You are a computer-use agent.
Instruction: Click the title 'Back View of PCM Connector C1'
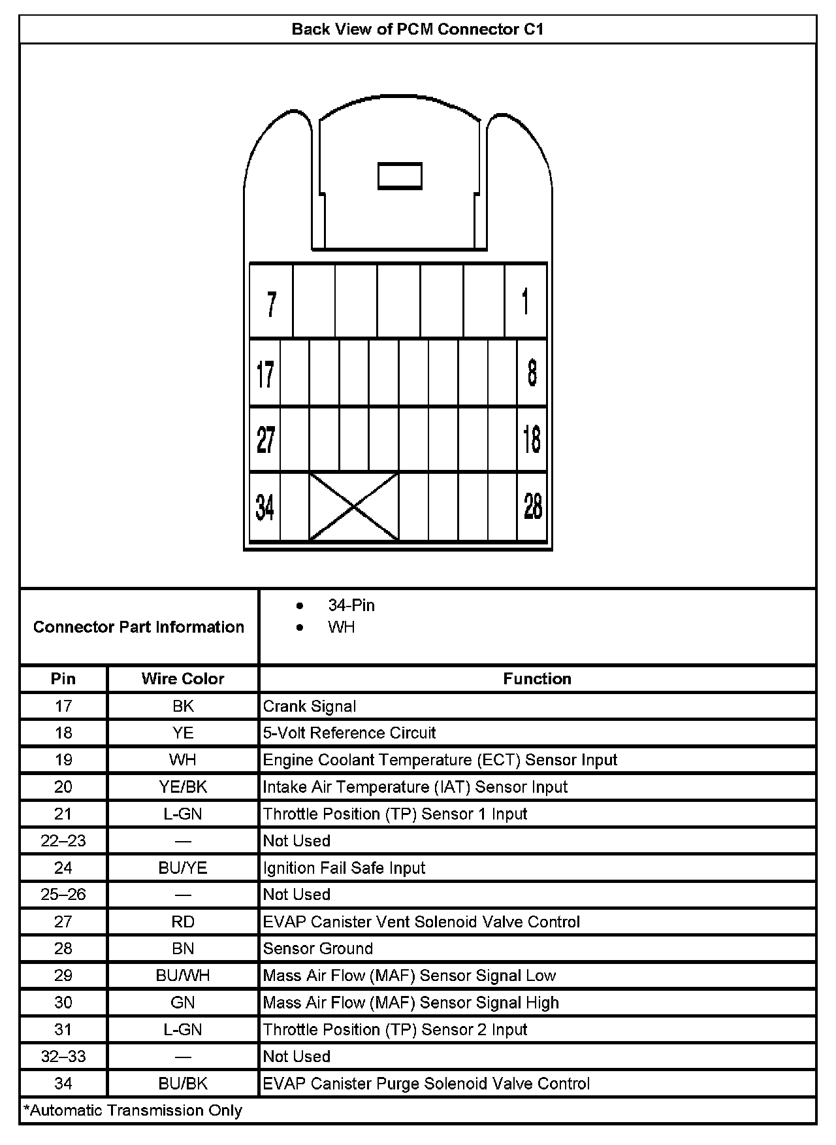417,29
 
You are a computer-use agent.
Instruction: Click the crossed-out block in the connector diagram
353,506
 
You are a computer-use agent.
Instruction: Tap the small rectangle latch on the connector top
400,176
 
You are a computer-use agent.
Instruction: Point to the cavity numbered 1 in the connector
526,302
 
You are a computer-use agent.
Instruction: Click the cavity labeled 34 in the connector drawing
265,506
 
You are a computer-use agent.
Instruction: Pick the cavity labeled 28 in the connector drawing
532,506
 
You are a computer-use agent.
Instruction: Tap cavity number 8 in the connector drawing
532,373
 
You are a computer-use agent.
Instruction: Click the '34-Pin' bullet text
351,605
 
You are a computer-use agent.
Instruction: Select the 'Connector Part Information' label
138,627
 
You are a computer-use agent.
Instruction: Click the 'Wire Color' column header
183,679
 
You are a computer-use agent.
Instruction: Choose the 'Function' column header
537,679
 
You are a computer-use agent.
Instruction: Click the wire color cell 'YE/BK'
183,787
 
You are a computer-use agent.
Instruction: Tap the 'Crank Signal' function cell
310,706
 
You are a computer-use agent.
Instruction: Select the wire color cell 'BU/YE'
183,868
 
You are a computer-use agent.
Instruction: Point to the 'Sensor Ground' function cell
318,948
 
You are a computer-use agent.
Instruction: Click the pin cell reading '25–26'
63,895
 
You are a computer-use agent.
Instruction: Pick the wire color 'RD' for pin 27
183,921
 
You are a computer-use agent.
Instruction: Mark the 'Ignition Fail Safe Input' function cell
344,868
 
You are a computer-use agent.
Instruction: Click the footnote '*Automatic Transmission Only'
133,1110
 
